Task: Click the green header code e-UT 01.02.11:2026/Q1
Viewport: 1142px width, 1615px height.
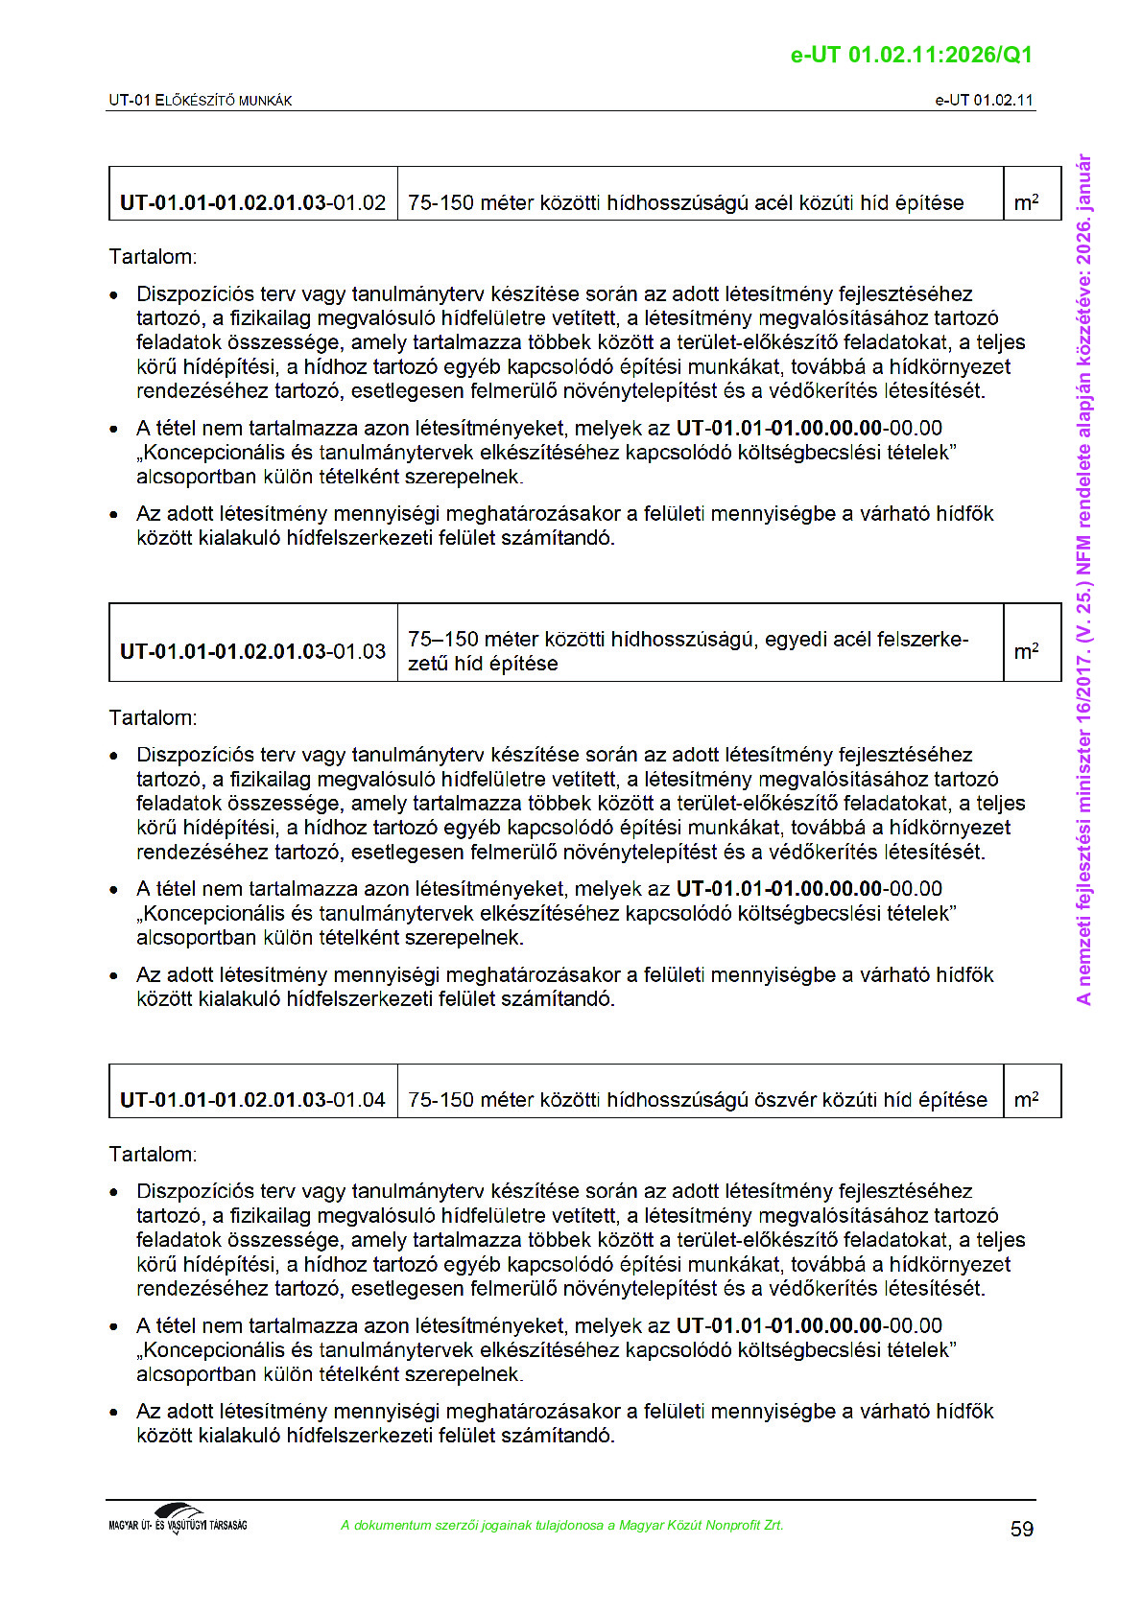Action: click(x=911, y=55)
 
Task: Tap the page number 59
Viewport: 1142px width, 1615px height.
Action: click(x=1022, y=1529)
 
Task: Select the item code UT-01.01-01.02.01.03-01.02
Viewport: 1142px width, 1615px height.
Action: click(x=252, y=202)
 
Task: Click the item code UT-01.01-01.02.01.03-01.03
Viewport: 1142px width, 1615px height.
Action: click(x=252, y=651)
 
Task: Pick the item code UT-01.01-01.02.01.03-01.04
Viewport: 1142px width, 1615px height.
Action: click(x=252, y=1099)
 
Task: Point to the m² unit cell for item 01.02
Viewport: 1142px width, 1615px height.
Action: click(x=1026, y=202)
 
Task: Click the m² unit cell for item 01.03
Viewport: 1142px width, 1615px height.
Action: click(x=1026, y=651)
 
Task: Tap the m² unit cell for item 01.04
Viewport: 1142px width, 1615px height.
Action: click(x=1026, y=1099)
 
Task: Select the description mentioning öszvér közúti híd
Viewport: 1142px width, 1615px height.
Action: click(x=697, y=1099)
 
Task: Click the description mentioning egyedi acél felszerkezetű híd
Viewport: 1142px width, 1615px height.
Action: click(x=687, y=651)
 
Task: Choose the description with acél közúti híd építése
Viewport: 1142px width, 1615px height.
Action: click(x=685, y=202)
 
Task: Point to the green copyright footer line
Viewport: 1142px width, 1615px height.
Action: click(x=561, y=1525)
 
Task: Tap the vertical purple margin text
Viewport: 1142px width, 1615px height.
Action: click(x=1084, y=579)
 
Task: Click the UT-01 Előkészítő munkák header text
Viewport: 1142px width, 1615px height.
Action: click(x=200, y=100)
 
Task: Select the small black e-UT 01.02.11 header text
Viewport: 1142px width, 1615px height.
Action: click(x=984, y=100)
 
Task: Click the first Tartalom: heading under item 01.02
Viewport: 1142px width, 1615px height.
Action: click(x=153, y=257)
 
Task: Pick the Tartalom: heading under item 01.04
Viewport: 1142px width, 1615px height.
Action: click(x=153, y=1154)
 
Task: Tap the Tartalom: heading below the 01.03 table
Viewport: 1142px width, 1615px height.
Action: click(x=153, y=717)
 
